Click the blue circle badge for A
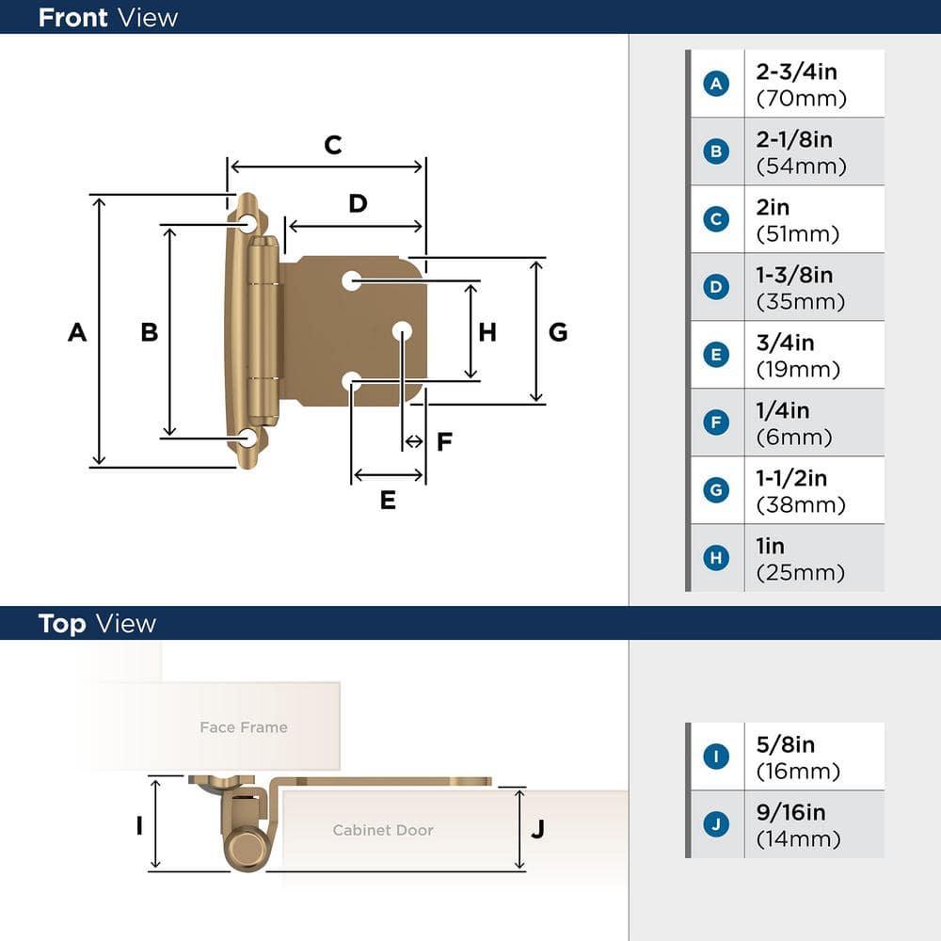pos(716,84)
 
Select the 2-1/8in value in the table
pos(794,140)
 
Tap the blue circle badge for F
pos(716,423)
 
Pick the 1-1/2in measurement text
pos(791,479)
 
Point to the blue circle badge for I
pos(716,757)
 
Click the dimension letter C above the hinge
pos(332,145)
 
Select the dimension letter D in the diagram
pos(358,203)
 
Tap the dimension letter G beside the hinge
pos(558,332)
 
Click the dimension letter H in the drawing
pos(486,332)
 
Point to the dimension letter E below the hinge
pos(388,501)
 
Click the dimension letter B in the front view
pos(149,332)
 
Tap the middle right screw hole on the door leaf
pos(403,330)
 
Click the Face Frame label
pos(243,727)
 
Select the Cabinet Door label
pos(383,830)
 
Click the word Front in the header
pos(73,17)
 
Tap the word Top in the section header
pos(62,624)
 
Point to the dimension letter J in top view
pos(537,829)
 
